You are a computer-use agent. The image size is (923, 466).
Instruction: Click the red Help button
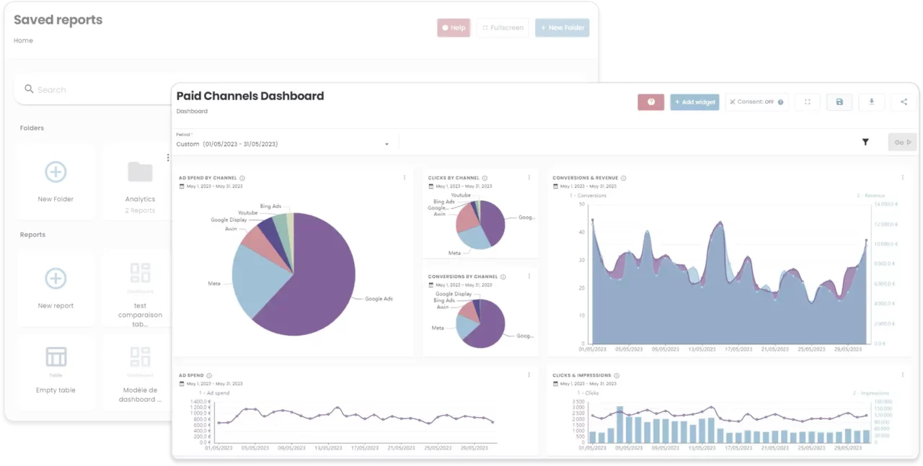pos(454,28)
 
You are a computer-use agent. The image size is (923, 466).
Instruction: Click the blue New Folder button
pos(562,28)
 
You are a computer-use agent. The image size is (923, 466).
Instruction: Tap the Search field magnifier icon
pos(29,89)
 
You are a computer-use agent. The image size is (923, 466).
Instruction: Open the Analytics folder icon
pos(140,172)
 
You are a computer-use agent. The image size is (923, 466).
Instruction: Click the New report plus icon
pos(56,279)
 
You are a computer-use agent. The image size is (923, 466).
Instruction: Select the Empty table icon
pos(56,357)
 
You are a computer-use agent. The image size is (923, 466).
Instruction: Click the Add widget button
pos(694,102)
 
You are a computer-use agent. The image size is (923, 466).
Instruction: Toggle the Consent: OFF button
pos(756,102)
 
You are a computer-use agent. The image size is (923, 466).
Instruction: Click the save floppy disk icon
pos(839,102)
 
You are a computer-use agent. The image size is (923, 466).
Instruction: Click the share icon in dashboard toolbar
pos(904,102)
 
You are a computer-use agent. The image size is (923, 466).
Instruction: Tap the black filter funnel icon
pos(865,143)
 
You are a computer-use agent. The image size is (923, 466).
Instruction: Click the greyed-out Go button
pos(902,143)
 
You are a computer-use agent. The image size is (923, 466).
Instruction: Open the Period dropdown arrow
pos(387,144)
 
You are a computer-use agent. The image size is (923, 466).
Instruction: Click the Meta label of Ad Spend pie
pos(214,284)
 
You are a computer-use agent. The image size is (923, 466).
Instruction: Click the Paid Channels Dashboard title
pos(249,96)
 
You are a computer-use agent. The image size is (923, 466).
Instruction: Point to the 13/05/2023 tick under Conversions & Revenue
pos(702,349)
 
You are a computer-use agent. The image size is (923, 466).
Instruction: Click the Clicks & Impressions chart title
pos(581,375)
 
